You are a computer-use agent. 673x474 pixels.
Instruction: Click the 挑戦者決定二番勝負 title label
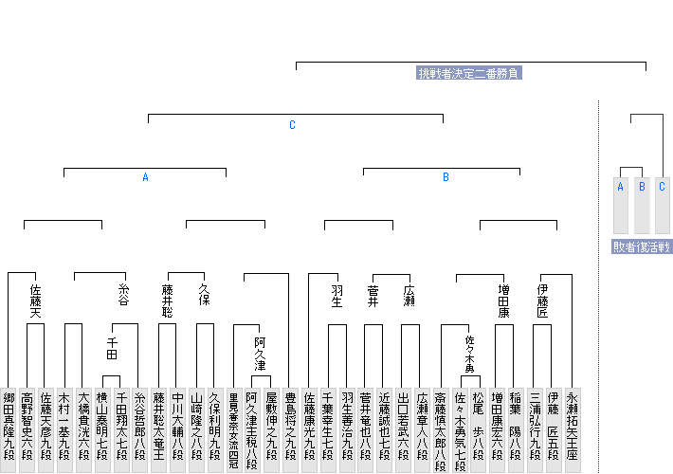pos(470,73)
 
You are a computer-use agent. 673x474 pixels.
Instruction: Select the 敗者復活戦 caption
pos(642,246)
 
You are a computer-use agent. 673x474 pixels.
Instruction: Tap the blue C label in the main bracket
pos(292,125)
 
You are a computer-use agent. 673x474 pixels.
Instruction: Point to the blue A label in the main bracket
pos(145,177)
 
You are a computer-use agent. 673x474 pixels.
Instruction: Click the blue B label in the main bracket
pos(446,177)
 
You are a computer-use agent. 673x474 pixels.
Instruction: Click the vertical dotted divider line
pos(599,284)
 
